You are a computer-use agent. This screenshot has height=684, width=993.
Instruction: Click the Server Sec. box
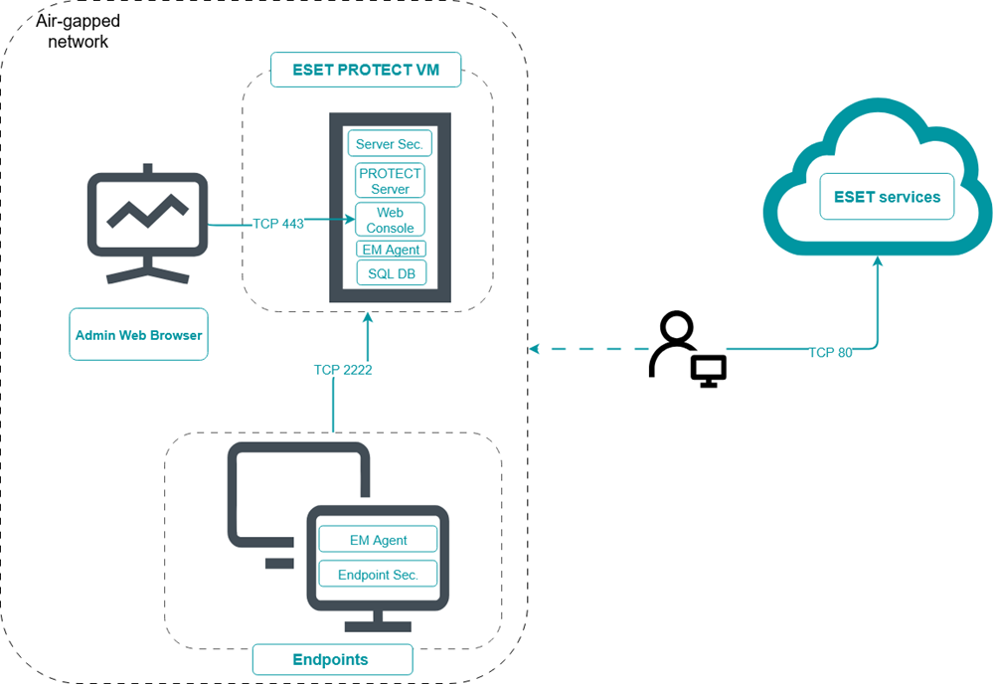390,143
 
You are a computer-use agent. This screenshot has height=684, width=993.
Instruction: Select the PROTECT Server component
390,181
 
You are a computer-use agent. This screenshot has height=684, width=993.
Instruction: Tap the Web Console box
390,220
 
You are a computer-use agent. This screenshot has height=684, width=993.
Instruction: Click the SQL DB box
390,272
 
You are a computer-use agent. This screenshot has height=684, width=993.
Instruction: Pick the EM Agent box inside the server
390,249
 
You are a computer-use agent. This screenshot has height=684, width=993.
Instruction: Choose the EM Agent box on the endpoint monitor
378,540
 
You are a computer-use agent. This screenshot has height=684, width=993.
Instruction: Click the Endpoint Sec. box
378,574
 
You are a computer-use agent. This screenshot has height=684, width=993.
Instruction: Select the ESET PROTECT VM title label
366,70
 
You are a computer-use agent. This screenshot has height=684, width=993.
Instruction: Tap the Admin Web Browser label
138,335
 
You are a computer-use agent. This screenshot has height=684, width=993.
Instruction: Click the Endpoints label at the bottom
330,659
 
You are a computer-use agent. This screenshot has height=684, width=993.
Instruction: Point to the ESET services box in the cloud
887,197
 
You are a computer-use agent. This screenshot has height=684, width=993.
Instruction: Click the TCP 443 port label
278,224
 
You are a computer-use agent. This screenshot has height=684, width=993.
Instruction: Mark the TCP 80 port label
830,352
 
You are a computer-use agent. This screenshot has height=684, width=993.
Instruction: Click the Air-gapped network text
78,32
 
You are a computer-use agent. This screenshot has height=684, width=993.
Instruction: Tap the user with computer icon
687,349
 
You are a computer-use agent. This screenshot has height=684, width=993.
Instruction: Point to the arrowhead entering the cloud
877,262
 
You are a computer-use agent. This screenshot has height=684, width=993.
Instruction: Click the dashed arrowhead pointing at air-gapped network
535,349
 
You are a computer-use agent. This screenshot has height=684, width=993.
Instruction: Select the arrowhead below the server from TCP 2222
368,318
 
